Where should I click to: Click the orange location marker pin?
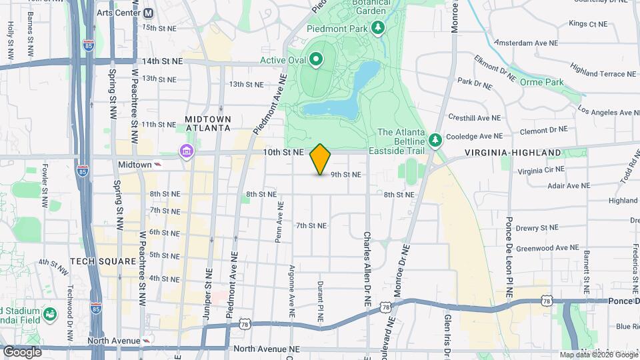(321, 159)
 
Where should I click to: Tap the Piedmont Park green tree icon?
(379, 27)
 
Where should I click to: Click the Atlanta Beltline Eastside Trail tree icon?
(435, 140)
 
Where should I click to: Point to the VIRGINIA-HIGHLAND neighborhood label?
(513, 153)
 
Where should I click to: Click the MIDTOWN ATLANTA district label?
(208, 123)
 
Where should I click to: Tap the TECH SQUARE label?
(103, 261)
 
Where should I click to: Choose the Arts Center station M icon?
(148, 13)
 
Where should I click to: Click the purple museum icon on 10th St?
(186, 153)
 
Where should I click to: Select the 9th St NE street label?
(345, 175)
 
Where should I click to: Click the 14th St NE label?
(162, 61)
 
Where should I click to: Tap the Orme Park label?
(541, 83)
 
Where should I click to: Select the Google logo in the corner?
(22, 351)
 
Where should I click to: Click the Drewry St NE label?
(536, 228)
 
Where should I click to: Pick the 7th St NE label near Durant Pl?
(311, 225)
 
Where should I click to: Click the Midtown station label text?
(135, 164)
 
